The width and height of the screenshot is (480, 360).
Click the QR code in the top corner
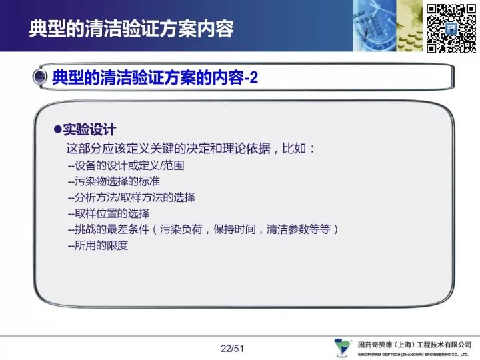451,29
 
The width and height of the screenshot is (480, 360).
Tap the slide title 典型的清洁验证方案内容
131,29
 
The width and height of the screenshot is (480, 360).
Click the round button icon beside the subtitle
40,77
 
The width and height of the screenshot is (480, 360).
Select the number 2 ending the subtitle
254,77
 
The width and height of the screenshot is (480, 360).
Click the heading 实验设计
89,129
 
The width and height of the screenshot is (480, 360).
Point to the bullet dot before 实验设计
57,129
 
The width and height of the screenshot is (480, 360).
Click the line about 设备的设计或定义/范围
126,165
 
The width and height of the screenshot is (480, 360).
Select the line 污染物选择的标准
114,181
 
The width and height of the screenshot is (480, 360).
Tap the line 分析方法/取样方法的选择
131,197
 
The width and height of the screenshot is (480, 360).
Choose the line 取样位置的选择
109,213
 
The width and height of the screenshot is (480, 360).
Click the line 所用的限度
98,245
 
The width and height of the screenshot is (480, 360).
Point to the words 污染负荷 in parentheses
181,229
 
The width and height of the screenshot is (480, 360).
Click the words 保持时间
235,229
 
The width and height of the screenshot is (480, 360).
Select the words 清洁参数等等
299,229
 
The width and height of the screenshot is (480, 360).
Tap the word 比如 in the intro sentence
294,149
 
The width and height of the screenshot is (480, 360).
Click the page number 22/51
232,349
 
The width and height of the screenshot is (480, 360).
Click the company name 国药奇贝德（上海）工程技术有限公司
415,345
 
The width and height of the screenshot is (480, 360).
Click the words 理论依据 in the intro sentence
247,149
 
